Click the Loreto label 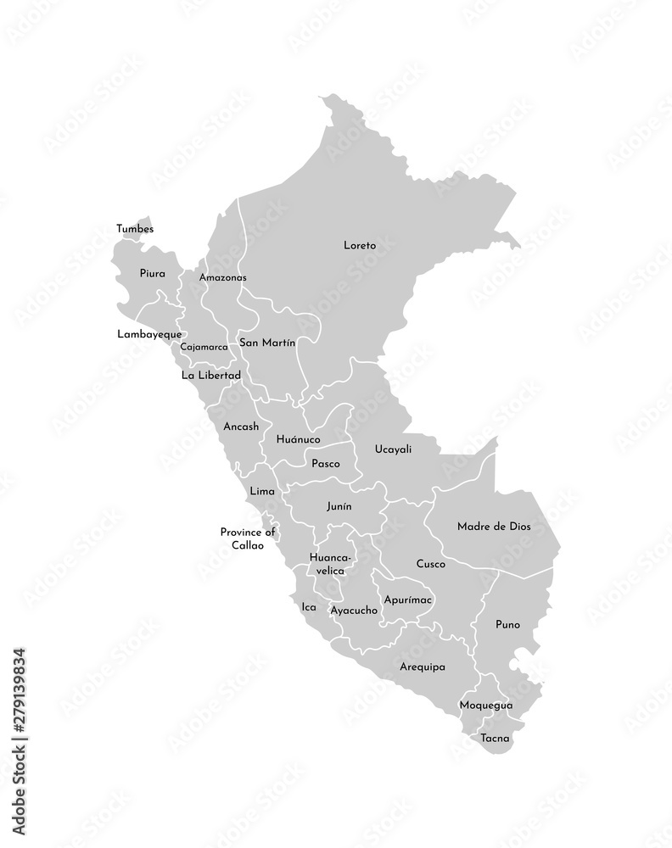359,245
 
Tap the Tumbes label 136,228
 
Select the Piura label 153,274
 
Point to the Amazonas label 222,277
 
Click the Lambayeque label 149,334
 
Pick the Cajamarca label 204,347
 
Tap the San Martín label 267,343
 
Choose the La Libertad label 211,375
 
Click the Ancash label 241,427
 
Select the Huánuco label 298,440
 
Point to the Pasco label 326,464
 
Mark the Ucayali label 393,449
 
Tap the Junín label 339,506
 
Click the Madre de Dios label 494,526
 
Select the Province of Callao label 248,538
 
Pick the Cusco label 431,563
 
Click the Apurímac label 408,600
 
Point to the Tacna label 495,739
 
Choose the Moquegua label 485,705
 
